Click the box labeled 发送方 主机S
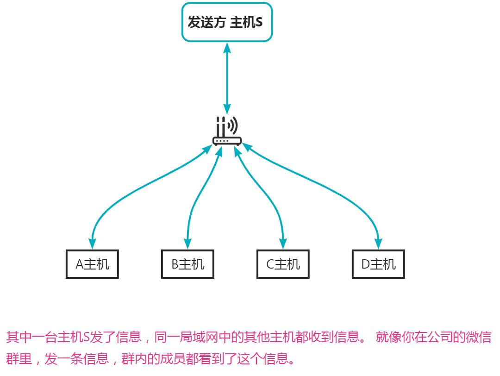226,22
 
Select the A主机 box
92,264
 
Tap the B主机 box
187,264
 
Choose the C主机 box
283,264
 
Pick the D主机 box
378,264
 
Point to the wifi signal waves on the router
234,125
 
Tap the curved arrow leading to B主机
197,199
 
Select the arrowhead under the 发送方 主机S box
227,48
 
